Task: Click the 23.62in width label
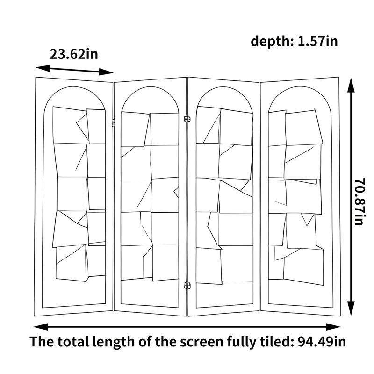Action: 74,54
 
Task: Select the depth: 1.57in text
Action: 294,41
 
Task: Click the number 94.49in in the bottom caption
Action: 322,341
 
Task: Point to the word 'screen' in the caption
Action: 201,342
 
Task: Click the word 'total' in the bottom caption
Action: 73,341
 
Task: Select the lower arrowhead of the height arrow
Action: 351,308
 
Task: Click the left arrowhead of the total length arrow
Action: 41,327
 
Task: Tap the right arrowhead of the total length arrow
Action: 333,327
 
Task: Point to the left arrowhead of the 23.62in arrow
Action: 43,68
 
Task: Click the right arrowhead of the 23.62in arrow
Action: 106,72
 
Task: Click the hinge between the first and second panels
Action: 114,122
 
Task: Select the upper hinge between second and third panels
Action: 187,119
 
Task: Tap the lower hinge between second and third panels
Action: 187,285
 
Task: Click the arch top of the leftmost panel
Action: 74,86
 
